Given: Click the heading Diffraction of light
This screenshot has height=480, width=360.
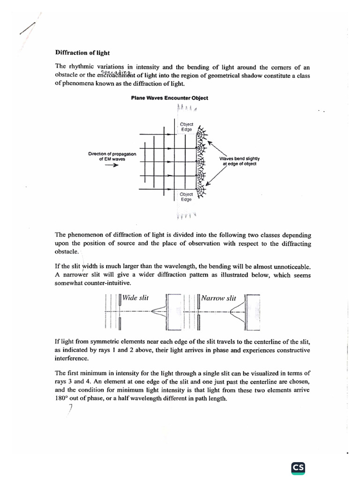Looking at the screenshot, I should (x=82, y=53).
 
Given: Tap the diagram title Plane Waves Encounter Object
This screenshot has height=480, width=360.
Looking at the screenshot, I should (x=169, y=98).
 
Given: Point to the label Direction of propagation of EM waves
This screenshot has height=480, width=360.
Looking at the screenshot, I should (x=112, y=156).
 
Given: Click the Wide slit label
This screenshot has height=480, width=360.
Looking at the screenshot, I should (x=135, y=298).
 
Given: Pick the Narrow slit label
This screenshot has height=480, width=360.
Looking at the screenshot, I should (x=218, y=298).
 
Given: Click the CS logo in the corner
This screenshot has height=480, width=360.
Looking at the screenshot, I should (x=298, y=467).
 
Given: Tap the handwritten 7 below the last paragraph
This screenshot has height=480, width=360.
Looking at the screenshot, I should (x=70, y=409).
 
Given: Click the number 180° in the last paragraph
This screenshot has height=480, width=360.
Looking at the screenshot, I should (x=62, y=398).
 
